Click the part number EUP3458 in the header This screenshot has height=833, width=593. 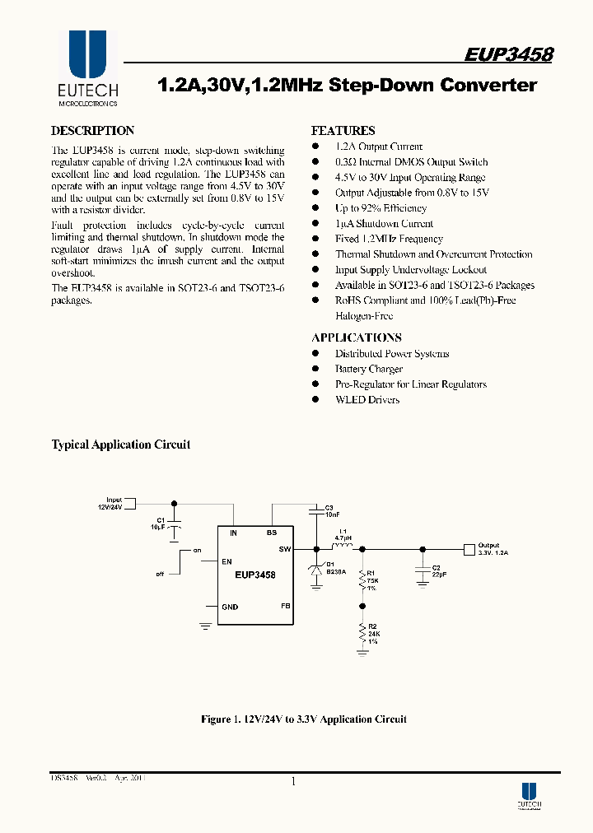point(508,54)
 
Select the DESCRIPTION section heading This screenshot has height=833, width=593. point(92,131)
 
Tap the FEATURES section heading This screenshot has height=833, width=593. point(343,131)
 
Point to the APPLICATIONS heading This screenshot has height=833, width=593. point(356,337)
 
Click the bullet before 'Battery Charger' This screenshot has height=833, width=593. point(315,370)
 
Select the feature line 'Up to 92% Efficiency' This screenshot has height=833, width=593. point(381,208)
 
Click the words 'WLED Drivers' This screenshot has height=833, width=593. point(367,400)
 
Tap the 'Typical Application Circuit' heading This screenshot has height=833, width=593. point(121,444)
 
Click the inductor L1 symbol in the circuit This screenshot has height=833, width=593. point(341,547)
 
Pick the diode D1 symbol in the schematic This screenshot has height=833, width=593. point(315,570)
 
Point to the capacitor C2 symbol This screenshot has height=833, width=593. point(423,567)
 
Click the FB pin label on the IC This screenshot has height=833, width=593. point(286,606)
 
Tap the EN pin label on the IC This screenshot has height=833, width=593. point(227,561)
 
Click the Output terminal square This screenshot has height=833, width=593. point(469,548)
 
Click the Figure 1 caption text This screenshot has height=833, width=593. point(304,719)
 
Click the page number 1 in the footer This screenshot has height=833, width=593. point(293,781)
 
